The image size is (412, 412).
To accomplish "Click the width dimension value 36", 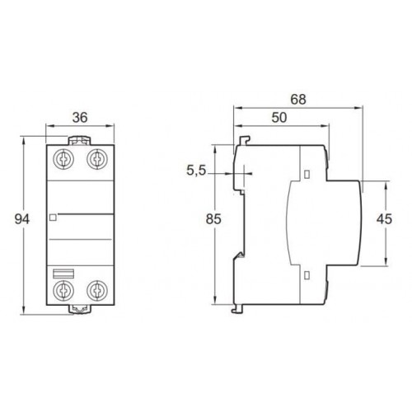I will (x=81, y=117).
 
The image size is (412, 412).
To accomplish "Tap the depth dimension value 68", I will (x=298, y=99).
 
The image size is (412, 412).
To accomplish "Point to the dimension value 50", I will (x=279, y=119).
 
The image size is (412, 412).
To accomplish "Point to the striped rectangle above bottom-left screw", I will (x=63, y=273).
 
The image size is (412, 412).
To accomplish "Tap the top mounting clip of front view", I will (x=81, y=141).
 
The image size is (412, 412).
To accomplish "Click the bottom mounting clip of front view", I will (x=81, y=308).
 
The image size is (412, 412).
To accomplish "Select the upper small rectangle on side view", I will (x=307, y=174).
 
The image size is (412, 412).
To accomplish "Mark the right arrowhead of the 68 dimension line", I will (x=360, y=106).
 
